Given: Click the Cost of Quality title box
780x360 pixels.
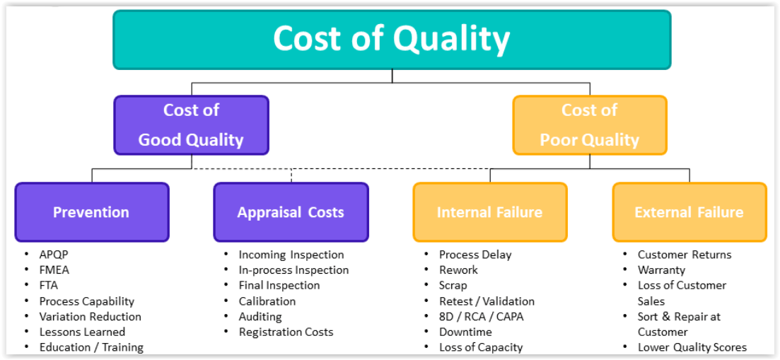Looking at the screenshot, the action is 392,40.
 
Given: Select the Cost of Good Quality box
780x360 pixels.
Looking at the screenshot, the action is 191,124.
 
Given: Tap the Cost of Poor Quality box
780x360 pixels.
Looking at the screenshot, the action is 590,124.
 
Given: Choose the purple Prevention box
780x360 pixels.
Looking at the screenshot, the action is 91,212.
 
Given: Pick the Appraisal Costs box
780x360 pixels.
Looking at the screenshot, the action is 291,212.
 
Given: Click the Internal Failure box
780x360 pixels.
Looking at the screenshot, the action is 490,212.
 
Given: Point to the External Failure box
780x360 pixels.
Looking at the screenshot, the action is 689,212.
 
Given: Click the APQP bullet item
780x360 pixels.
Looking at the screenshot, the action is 54,255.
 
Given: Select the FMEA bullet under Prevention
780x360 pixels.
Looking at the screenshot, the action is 54,270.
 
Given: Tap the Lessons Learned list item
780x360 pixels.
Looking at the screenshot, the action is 83,332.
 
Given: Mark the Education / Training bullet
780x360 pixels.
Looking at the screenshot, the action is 91,347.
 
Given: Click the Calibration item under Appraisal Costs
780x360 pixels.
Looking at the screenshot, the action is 267,301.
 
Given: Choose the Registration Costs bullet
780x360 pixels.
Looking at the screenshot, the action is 286,332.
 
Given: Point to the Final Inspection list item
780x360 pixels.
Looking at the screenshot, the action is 279,286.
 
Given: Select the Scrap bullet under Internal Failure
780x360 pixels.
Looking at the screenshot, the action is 453,286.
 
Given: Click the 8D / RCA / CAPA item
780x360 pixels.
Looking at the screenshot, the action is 482,317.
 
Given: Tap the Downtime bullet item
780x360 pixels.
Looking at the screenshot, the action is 465,332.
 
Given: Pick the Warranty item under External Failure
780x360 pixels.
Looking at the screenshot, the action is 662,270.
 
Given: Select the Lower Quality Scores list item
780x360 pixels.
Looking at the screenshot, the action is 692,347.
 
